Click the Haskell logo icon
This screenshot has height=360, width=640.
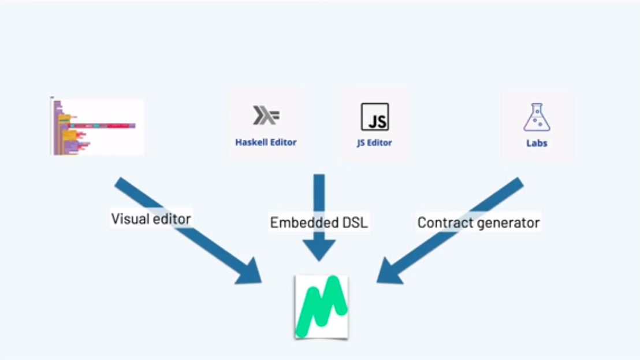coord(266,116)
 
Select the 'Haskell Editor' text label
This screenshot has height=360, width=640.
coord(266,142)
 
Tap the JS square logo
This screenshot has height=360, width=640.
coord(374,117)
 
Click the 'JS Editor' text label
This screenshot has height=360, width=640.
coord(374,143)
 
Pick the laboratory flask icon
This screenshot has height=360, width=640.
coord(537,117)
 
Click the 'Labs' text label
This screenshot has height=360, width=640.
coord(537,143)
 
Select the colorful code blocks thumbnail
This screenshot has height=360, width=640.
coord(96,127)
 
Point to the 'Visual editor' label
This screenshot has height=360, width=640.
coord(151,219)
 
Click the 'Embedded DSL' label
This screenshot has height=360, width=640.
coord(319,222)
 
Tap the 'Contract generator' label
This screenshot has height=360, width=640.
coord(478,222)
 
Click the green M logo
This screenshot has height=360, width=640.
coord(322,307)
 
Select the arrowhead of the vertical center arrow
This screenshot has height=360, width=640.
coord(319,251)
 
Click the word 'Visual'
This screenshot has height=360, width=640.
coord(127,219)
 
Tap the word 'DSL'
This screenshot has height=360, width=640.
coord(354,222)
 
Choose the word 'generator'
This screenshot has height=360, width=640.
coord(511,223)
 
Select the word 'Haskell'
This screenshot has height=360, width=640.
coord(249,142)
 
